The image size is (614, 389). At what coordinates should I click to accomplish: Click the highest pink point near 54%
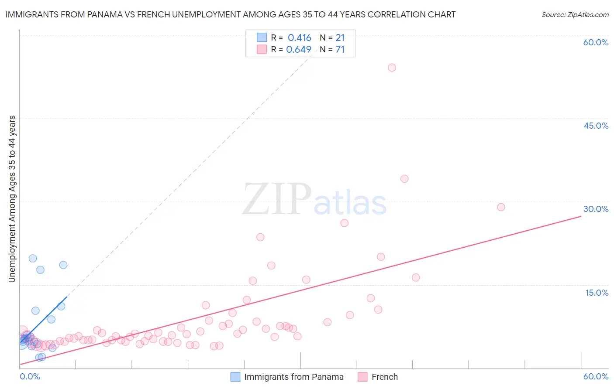[392, 68]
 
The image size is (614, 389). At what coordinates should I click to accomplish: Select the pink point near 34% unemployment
[404, 179]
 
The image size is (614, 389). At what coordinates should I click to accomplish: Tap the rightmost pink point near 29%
[501, 207]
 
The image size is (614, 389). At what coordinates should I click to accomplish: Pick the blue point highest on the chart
[33, 258]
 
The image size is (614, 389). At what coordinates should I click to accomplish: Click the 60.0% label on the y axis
[596, 42]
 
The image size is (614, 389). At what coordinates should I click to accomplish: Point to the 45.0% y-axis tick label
[596, 126]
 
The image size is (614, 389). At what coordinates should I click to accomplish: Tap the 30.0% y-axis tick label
[596, 209]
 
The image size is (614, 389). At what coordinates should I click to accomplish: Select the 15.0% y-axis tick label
[597, 293]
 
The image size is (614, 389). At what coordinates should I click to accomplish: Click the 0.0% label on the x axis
[30, 376]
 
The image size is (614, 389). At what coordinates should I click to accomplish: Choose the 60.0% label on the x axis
[596, 376]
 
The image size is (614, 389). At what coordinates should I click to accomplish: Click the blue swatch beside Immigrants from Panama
[235, 377]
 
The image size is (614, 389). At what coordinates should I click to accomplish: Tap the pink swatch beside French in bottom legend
[362, 377]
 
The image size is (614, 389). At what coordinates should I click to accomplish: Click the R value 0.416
[299, 38]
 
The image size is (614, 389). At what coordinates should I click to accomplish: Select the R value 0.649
[299, 50]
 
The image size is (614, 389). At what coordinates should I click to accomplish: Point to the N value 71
[340, 50]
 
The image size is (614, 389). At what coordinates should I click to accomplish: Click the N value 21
[340, 38]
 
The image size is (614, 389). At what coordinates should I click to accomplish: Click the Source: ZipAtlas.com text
[575, 15]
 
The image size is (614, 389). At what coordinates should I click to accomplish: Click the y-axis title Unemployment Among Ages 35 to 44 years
[12, 199]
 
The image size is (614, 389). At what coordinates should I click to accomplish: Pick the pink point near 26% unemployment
[344, 223]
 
